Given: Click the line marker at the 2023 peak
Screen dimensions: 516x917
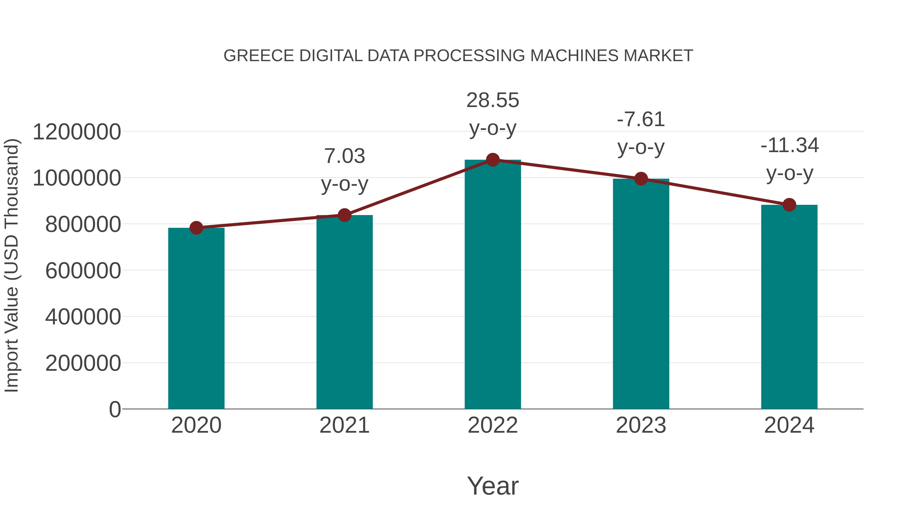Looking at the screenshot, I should coord(641,179).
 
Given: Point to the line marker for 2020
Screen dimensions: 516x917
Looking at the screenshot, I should coord(196,228).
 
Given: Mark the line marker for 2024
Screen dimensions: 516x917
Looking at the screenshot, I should coord(789,205).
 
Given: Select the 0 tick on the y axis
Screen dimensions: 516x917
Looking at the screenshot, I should coord(115,409).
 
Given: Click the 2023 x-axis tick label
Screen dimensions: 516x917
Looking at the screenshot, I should coord(641,425).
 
